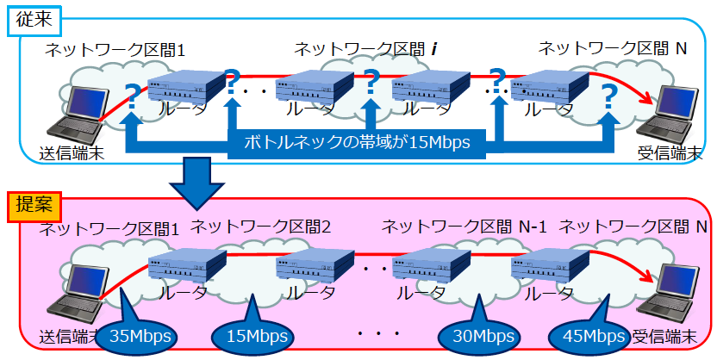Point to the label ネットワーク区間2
(260, 227)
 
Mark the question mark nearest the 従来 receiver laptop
(609, 96)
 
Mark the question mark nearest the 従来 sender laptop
(131, 96)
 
